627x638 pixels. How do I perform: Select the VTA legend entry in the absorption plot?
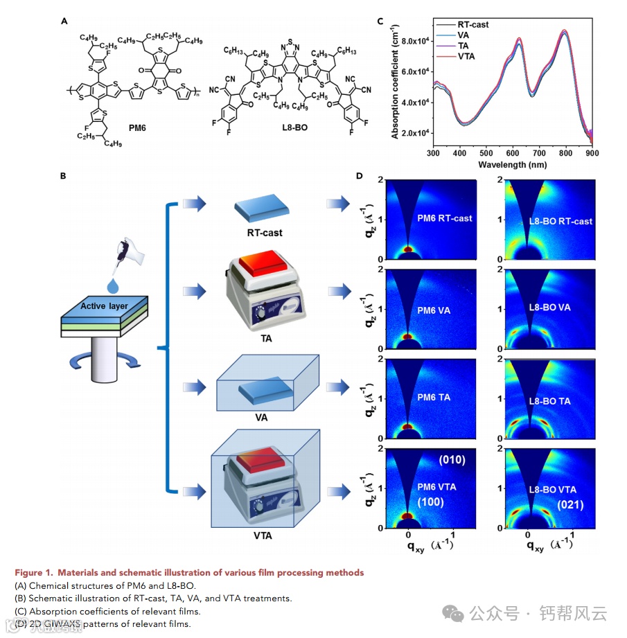tap(466, 56)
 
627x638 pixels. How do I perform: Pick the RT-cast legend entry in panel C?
tap(473, 25)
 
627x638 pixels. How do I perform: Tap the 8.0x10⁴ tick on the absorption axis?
tap(411, 41)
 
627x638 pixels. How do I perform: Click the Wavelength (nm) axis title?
tap(513, 166)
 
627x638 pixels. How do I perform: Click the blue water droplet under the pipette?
tap(112, 284)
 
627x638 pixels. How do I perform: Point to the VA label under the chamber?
tap(260, 417)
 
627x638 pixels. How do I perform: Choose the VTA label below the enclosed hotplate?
tap(263, 535)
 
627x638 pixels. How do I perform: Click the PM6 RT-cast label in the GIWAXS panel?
tap(444, 218)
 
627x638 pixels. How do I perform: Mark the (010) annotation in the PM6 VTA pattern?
tap(452, 460)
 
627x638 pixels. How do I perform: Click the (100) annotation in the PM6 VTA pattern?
tap(430, 502)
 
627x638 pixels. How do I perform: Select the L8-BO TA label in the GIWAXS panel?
tap(549, 400)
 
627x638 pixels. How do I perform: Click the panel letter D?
tap(359, 176)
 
